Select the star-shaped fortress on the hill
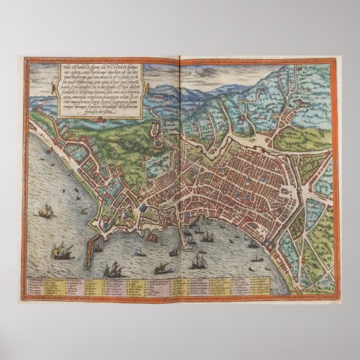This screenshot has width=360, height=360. (156, 139)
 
